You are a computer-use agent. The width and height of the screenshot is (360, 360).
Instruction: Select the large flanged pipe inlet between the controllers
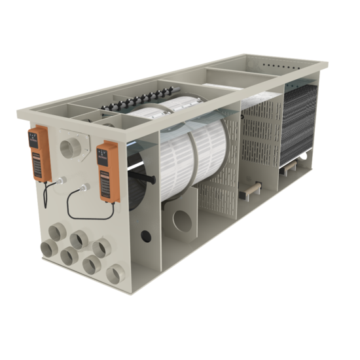69,148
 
